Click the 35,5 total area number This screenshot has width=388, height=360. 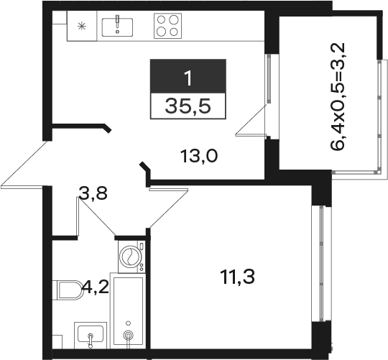point(188,106)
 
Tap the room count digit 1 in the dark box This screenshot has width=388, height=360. point(188,78)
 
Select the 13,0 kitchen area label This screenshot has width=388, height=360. point(199,157)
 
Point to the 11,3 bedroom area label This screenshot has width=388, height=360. point(237,277)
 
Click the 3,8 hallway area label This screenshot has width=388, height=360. point(93,193)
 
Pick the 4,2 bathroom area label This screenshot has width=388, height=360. point(96,287)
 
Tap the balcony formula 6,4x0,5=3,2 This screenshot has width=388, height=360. point(338,96)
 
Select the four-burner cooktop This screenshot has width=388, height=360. point(167,25)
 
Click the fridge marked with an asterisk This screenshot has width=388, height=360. point(82,26)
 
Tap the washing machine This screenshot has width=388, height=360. point(131,257)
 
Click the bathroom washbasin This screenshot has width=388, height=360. point(91,336)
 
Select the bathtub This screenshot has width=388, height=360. point(128,311)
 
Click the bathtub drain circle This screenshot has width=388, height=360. point(128,336)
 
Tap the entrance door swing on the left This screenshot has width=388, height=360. point(24,164)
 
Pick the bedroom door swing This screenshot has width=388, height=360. point(168,208)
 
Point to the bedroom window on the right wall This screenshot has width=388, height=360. point(321,264)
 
